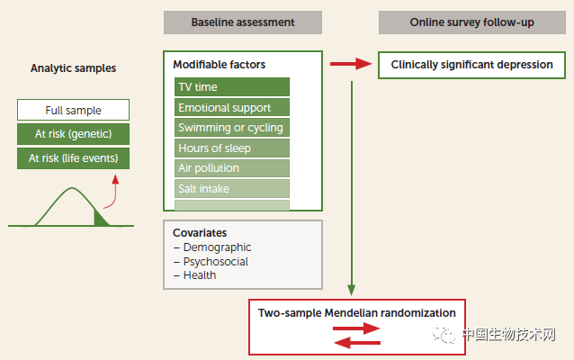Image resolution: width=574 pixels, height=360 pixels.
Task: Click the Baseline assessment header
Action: (x=243, y=22)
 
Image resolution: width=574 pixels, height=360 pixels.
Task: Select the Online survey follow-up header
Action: (x=471, y=22)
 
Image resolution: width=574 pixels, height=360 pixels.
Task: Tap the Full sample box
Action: (x=73, y=110)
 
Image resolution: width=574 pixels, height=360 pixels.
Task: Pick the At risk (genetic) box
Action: (x=73, y=134)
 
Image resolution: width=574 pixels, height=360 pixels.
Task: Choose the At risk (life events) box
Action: (x=73, y=158)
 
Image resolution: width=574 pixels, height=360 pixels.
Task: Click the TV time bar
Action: (x=232, y=86)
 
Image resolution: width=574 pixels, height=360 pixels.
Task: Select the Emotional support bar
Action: (x=232, y=107)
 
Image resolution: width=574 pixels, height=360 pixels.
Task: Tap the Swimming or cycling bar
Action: (x=232, y=128)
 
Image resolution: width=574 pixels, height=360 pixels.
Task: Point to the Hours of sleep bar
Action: (x=232, y=148)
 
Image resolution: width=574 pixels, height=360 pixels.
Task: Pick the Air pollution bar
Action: (x=232, y=168)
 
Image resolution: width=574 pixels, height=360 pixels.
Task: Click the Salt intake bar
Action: (x=232, y=189)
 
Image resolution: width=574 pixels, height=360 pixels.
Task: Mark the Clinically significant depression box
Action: (x=471, y=65)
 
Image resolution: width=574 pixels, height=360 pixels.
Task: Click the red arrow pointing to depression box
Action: (x=351, y=64)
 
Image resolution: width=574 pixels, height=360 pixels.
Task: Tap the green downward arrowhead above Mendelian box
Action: (x=352, y=290)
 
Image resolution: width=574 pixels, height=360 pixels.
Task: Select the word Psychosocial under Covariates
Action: (x=216, y=262)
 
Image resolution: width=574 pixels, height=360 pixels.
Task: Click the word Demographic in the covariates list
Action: (x=217, y=247)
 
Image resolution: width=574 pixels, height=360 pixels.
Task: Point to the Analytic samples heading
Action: (x=73, y=68)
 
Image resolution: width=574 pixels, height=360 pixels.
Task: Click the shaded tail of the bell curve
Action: (x=100, y=219)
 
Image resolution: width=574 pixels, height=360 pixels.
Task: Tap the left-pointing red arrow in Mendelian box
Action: (x=357, y=343)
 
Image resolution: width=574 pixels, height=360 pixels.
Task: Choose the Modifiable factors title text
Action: (x=220, y=65)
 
